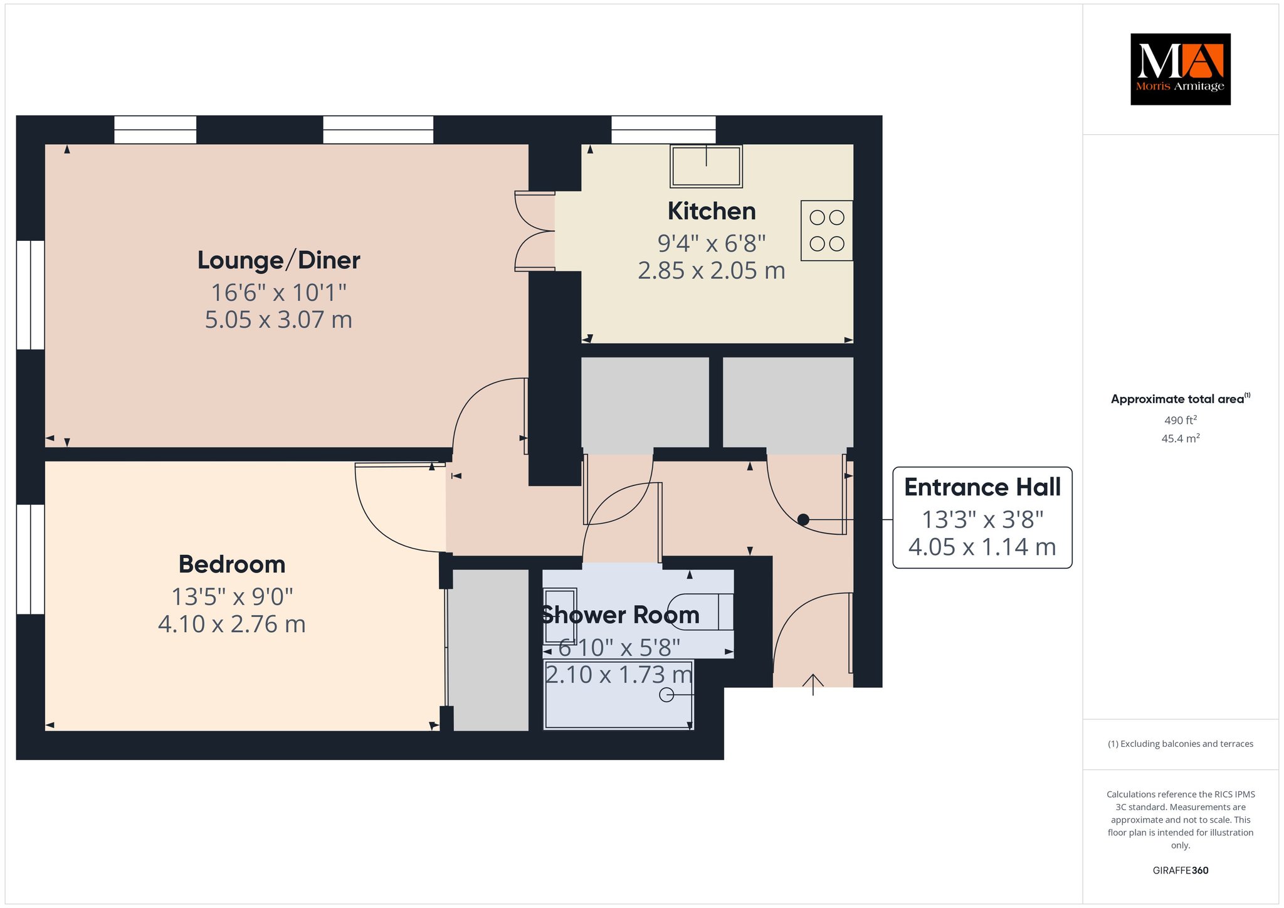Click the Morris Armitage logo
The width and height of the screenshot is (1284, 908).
pos(1181,69)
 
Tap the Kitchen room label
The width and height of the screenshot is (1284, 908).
pos(712,211)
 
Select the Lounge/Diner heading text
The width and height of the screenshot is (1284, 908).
pos(279,260)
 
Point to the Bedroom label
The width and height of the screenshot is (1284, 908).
pos(232,564)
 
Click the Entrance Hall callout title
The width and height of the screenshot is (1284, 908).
pos(982,487)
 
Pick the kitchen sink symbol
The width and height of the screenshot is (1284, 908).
pos(707,166)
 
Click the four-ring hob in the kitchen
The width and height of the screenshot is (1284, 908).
pos(827,230)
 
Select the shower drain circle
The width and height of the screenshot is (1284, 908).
pos(666,695)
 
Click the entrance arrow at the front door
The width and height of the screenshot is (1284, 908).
pos(813,685)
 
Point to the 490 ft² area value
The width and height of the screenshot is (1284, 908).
pos(1181,420)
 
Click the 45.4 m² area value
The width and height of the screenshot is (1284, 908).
pos(1181,438)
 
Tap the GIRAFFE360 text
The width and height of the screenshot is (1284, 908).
pos(1181,870)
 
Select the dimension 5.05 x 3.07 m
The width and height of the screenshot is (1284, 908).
pos(279,320)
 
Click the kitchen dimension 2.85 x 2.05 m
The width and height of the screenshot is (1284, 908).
pos(712,271)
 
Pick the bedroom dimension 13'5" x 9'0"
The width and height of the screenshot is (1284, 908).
pos(232,597)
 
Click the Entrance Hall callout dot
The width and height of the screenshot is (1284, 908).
pos(803,520)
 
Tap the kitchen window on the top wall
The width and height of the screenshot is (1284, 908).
pos(663,130)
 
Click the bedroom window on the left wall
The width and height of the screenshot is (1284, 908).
pos(30,559)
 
